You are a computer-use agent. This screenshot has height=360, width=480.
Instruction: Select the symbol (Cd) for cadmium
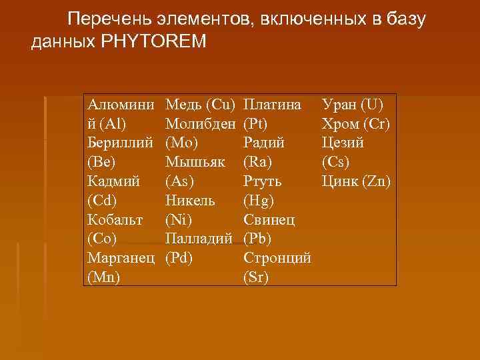coord(101,200)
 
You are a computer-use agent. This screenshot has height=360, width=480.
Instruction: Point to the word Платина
coord(273,104)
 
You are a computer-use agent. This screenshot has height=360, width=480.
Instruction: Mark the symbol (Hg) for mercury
coord(257,200)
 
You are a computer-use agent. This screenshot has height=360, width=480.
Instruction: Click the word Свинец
coord(270,219)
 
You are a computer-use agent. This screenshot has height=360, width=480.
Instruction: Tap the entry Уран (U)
coord(351,104)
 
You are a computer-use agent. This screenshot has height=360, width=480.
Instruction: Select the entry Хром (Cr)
coord(355,123)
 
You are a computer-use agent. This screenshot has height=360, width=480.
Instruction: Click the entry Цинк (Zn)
coord(355,181)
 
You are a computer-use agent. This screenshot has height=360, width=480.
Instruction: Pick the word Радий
coord(264,143)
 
